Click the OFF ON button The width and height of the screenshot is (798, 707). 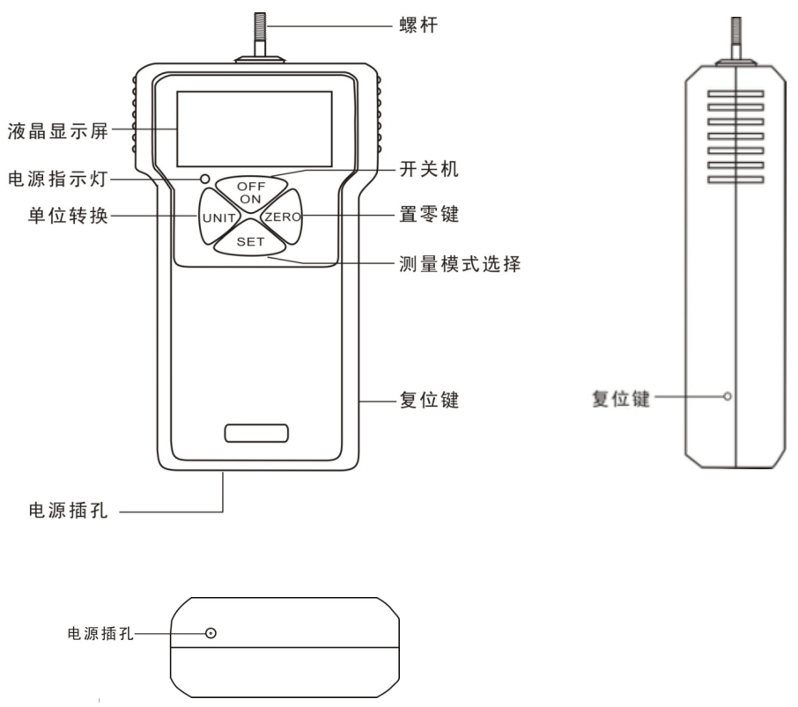(251, 191)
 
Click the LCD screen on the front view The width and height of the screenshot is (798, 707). (254, 129)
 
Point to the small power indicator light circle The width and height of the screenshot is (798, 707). (206, 179)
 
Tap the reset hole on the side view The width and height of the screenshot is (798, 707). (728, 396)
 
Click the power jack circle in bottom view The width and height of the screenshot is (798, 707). (211, 633)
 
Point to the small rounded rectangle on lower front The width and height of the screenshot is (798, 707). (256, 432)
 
